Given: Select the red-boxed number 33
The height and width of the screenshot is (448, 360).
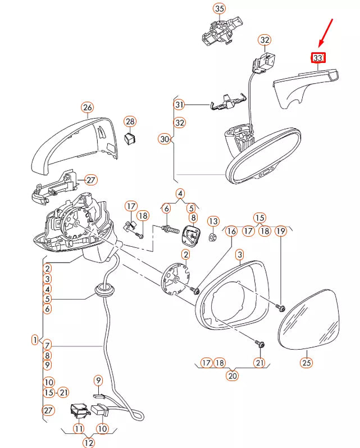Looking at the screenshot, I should tap(318, 57).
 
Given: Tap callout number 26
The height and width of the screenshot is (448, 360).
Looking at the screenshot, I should tap(87, 107).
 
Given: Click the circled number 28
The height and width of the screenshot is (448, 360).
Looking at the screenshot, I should tap(130, 121).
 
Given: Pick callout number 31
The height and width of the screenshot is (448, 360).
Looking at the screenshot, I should tap(179, 105).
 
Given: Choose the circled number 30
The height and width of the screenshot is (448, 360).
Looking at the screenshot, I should tap(165, 139).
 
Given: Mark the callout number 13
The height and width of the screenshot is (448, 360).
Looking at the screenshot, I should tap(213, 220).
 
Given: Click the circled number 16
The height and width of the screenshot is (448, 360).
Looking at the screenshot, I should tap(231, 230).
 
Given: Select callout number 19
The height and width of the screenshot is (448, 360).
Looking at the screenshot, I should tap(281, 230).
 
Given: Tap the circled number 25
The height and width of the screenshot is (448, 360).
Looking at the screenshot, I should tap(306, 363).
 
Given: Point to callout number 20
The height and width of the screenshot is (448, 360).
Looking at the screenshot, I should tap(233, 376).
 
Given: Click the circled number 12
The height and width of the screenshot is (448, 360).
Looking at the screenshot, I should tap(89, 442).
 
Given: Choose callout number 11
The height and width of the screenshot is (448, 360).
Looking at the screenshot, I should tap(78, 429).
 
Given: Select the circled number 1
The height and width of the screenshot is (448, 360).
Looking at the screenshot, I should tap(35, 340).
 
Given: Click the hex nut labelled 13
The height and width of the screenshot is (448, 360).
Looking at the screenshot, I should tap(213, 237).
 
